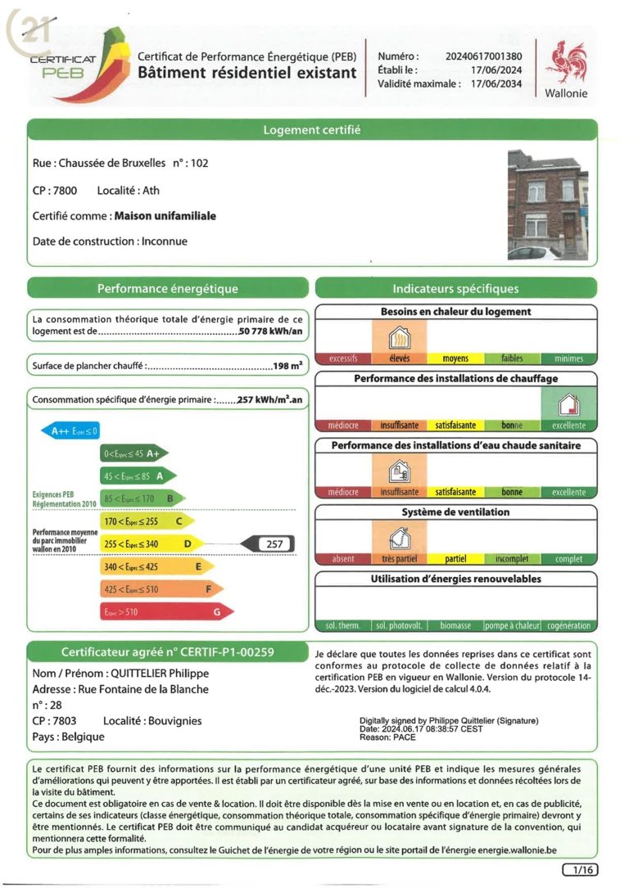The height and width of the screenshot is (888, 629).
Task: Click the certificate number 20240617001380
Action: (484, 56)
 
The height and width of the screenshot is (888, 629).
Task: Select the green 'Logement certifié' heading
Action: (311, 130)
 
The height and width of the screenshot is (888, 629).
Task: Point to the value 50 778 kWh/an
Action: (270, 332)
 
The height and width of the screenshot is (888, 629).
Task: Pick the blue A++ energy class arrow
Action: (70, 430)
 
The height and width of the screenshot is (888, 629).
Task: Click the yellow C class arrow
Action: (147, 521)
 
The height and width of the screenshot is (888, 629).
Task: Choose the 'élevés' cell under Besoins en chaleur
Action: (399, 358)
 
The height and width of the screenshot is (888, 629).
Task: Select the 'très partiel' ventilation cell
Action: (399, 559)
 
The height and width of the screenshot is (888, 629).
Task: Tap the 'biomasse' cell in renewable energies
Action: (455, 625)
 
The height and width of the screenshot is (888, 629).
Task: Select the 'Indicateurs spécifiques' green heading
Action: (455, 288)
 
